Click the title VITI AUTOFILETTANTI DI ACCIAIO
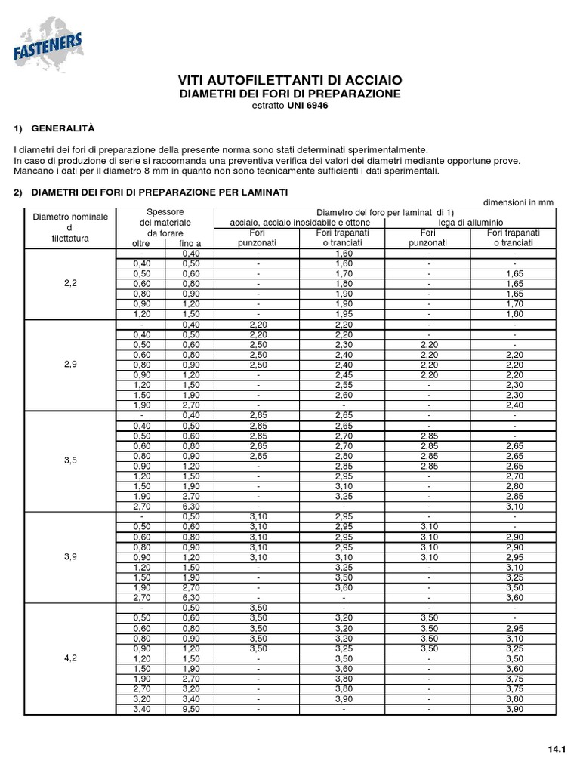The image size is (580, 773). [x=289, y=81]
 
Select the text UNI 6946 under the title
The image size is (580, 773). [x=307, y=106]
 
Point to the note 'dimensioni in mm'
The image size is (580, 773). [x=519, y=202]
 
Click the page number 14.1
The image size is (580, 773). [x=557, y=749]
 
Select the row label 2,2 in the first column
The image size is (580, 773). [x=70, y=284]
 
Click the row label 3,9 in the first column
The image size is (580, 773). [x=70, y=556]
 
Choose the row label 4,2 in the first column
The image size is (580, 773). [x=70, y=658]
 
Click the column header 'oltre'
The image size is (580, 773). [x=141, y=243]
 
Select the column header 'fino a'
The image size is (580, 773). [x=190, y=243]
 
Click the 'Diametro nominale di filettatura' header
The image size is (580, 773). [x=70, y=227]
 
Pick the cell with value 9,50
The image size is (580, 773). [x=190, y=709]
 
